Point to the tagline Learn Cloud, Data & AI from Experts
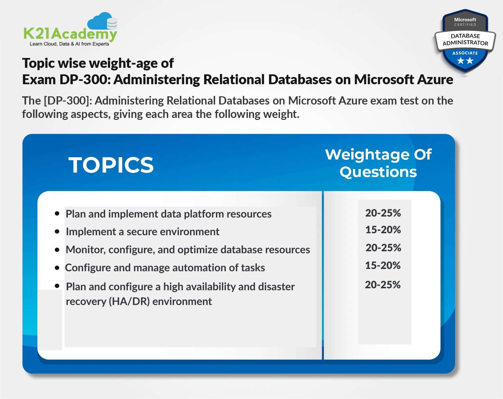pyautogui.click(x=69, y=44)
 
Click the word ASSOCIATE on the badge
pyautogui.click(x=465, y=53)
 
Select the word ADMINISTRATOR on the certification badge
pyautogui.click(x=465, y=43)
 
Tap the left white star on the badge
pyautogui.click(x=460, y=61)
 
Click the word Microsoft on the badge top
pyautogui.click(x=465, y=20)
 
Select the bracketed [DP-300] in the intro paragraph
pyautogui.click(x=67, y=101)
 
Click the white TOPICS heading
pyautogui.click(x=111, y=165)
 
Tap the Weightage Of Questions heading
pyautogui.click(x=378, y=163)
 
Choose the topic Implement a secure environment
pyautogui.click(x=143, y=232)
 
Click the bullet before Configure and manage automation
pyautogui.click(x=57, y=268)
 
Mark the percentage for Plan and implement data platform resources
pyautogui.click(x=383, y=213)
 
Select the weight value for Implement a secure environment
pyautogui.click(x=383, y=230)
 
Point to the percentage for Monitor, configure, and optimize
pyautogui.click(x=383, y=248)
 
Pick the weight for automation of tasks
pyautogui.click(x=383, y=265)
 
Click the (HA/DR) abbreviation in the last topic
pyautogui.click(x=129, y=301)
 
